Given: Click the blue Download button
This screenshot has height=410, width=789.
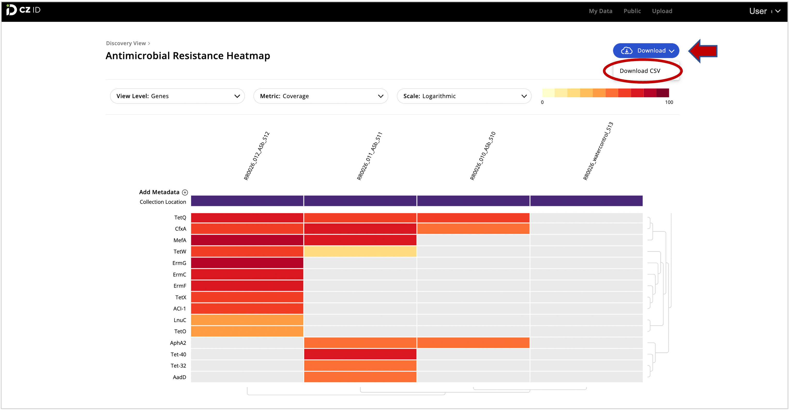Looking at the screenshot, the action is [646, 50].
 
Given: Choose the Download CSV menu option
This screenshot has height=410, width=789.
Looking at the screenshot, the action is [640, 71].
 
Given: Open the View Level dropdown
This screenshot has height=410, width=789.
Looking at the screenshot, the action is [177, 96].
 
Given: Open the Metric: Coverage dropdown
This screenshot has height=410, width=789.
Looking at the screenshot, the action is [321, 96].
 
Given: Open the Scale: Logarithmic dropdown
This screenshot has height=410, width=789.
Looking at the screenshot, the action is [464, 96].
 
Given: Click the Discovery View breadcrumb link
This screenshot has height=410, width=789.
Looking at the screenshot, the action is [126, 43].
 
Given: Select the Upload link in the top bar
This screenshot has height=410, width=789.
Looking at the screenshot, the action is [662, 11].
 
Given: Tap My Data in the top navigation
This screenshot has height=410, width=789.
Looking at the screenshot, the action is [600, 11].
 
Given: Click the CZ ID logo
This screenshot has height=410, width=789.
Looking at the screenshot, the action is [23, 10].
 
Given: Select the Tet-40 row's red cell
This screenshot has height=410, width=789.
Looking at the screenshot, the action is [360, 354].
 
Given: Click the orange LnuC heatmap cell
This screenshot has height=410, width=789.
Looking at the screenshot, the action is [247, 320].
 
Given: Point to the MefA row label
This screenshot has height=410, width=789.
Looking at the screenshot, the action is [180, 240].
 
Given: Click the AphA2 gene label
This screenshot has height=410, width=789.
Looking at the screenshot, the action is [178, 343].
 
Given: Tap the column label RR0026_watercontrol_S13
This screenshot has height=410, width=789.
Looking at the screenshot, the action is [598, 151].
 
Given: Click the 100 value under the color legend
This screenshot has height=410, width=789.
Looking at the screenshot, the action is [669, 102].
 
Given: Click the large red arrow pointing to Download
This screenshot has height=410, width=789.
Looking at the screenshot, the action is [703, 51].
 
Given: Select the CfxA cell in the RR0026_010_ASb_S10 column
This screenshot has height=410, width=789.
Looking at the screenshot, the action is [473, 229].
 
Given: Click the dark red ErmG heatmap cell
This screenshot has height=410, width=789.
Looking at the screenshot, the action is [247, 263].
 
